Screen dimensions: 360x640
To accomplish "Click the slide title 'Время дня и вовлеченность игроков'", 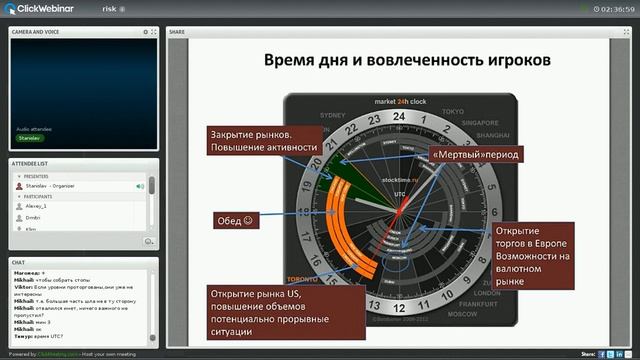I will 407,60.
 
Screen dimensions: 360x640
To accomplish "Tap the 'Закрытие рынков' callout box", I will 265,141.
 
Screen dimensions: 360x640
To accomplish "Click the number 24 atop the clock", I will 400,117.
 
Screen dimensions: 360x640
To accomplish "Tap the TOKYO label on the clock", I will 452,111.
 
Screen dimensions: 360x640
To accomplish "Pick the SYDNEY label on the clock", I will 345,111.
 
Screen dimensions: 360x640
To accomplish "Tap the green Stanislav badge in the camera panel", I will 31,138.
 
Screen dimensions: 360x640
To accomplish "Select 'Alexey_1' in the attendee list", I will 37,203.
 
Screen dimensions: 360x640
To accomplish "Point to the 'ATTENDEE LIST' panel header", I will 32,162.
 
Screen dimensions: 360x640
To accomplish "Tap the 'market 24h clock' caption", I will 400,102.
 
